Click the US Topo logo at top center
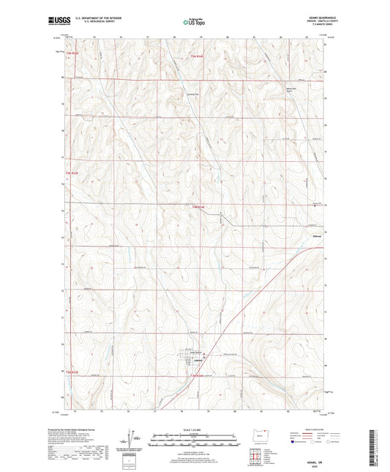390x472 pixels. click(x=194, y=23)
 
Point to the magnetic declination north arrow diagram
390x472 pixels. click(x=133, y=440)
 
